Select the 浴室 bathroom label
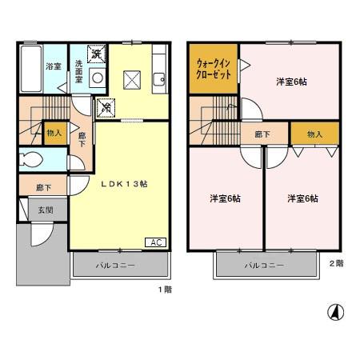click(x=54, y=67)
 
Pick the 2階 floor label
click(x=336, y=262)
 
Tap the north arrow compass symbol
click(x=336, y=312)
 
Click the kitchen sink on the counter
click(x=158, y=78)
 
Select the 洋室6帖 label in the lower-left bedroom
click(x=225, y=198)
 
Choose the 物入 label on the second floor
click(x=314, y=134)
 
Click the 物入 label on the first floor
click(x=54, y=134)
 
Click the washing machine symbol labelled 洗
click(x=96, y=55)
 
